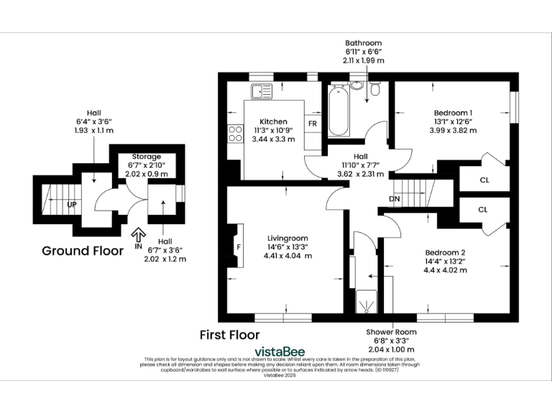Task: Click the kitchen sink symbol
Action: [x=260, y=91]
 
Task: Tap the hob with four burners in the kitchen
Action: [x=234, y=133]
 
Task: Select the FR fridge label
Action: [x=313, y=123]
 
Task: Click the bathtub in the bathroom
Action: [x=338, y=112]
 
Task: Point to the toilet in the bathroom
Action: [x=376, y=90]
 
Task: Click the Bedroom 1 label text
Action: [x=453, y=113]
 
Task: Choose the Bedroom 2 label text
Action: [x=445, y=252]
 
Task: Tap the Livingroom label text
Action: [x=287, y=238]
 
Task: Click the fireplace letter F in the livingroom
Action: [x=239, y=246]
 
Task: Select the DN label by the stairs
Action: [x=395, y=198]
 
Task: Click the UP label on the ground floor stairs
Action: [x=71, y=203]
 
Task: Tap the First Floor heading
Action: [x=229, y=334]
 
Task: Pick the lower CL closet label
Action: [x=483, y=209]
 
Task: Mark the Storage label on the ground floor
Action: [x=146, y=157]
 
